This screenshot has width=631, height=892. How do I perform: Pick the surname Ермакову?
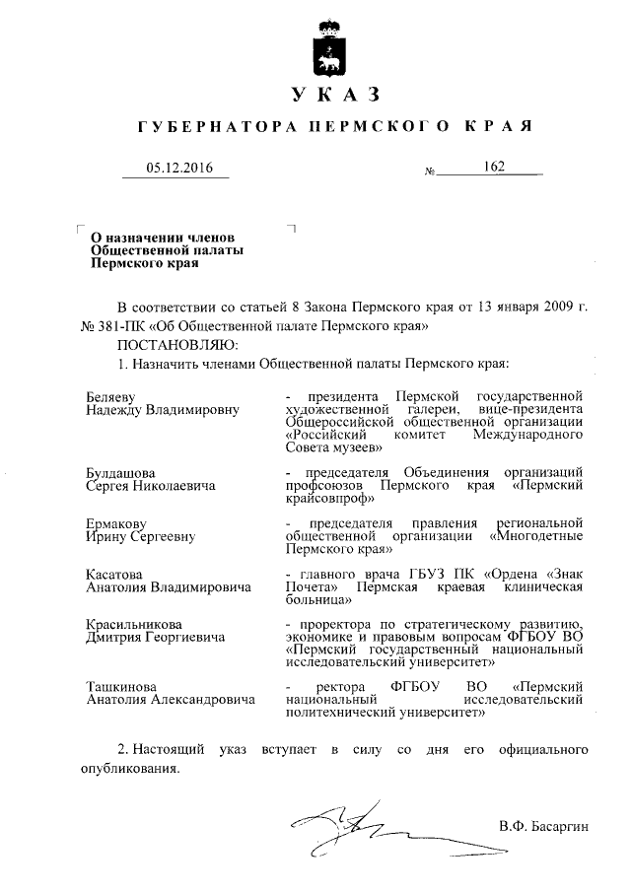(x=115, y=521)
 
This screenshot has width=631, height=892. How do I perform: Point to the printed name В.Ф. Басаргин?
(x=542, y=825)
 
